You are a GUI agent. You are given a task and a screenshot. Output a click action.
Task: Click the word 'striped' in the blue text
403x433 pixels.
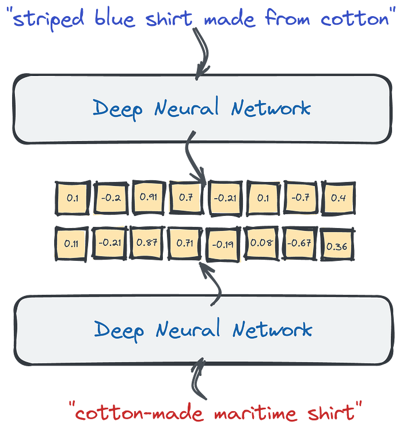52,20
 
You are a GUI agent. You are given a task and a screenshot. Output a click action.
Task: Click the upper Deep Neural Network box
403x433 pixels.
201,108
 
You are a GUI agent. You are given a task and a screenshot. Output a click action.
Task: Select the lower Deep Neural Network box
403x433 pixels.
201,329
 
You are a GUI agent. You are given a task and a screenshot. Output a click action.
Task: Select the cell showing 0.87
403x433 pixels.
147,242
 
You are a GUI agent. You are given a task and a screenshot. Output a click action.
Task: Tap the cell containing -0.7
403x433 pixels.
301,197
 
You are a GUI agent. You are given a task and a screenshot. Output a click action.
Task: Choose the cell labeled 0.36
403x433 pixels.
337,246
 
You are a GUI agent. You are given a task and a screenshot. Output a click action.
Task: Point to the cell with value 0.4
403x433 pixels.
339,197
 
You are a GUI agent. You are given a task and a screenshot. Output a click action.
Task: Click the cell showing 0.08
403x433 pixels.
262,242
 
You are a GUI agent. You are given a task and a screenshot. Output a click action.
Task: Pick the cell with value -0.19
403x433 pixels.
223,244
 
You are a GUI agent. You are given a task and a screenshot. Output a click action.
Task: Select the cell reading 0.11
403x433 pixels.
71,243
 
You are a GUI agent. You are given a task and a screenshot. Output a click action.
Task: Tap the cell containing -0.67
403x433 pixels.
300,242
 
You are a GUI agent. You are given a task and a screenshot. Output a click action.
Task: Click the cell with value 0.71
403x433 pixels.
185,242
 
